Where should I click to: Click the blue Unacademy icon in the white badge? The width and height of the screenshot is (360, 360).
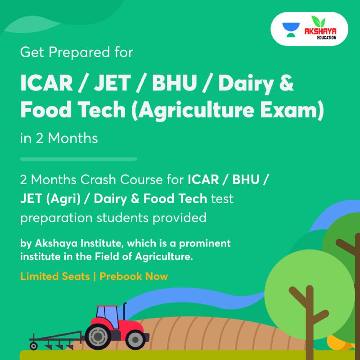coord(291,30)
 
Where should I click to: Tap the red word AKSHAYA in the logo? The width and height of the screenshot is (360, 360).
coord(320,31)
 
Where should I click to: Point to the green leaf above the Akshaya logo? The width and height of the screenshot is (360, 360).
coord(318,22)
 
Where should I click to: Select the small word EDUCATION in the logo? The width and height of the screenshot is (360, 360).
coord(327,37)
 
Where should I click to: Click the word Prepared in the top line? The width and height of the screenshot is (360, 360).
coord(79,53)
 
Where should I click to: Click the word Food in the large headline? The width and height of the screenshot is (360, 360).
coord(46,110)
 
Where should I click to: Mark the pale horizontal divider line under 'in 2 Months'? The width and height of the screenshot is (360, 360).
coord(78,159)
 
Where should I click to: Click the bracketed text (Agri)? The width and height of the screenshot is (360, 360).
coord(63,199)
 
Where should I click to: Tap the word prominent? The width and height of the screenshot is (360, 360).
coord(205,243)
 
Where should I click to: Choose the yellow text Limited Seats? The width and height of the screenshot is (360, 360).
coord(55,276)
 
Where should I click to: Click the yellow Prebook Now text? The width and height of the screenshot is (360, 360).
coord(134,276)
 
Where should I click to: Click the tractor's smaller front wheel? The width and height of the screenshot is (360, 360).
coord(136,340)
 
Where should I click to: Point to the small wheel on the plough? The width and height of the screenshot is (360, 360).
coord(33,346)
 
